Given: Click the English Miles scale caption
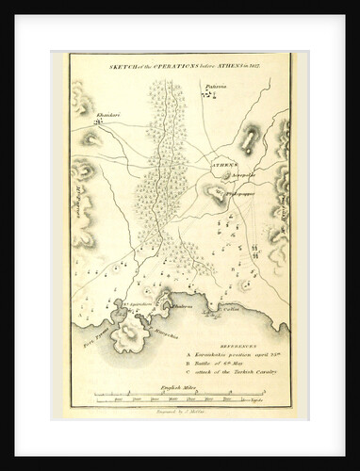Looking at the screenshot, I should tap(176, 388).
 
